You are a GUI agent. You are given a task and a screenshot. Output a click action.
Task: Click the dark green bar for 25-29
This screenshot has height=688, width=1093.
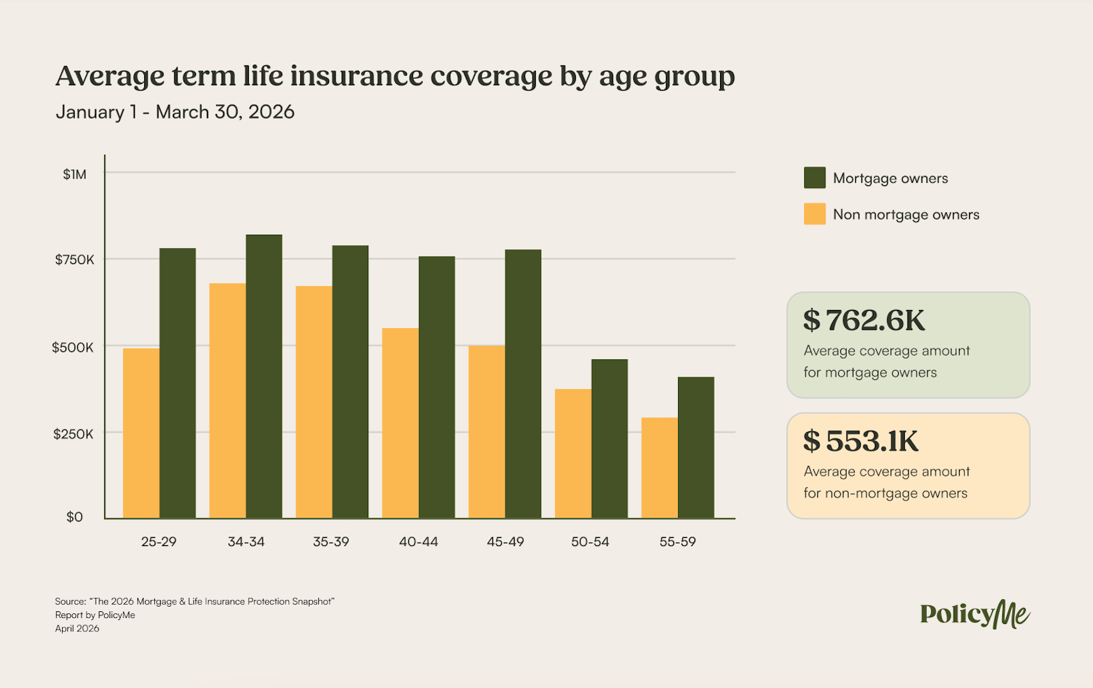177,383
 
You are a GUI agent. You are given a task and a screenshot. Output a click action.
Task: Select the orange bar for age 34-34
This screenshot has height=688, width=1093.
228,401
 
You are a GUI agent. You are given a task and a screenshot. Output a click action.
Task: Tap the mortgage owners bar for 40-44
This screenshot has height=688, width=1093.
436,387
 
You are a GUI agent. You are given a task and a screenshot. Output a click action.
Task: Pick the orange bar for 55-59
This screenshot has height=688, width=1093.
659,468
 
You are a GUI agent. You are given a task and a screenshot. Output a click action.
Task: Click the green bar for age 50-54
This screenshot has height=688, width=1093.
609,439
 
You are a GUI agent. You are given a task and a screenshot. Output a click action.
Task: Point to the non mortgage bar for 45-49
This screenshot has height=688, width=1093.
486,431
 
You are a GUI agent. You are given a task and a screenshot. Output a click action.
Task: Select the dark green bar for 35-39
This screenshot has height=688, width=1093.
350,382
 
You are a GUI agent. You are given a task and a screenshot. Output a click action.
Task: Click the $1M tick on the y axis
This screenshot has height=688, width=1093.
75,175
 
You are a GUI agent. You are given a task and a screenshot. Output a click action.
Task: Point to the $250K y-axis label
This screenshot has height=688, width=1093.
73,434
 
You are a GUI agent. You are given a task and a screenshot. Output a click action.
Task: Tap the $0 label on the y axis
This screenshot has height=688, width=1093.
75,517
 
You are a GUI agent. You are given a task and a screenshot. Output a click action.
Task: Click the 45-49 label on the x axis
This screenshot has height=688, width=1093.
505,542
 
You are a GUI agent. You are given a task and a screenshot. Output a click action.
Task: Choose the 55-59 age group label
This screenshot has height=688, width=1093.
677,542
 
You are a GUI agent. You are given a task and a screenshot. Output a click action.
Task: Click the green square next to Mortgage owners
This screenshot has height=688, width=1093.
814,178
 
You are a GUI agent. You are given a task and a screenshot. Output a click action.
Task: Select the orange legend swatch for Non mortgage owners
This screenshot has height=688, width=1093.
814,214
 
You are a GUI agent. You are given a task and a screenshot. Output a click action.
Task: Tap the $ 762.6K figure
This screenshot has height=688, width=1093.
864,321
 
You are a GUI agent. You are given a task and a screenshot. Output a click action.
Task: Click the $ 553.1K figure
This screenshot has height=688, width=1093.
861,441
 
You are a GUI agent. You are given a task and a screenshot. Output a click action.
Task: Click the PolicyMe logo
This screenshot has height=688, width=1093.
974,614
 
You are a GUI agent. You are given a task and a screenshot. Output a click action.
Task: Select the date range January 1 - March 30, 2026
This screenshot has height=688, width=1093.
175,112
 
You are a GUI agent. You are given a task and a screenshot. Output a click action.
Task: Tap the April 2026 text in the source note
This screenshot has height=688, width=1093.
77,629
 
